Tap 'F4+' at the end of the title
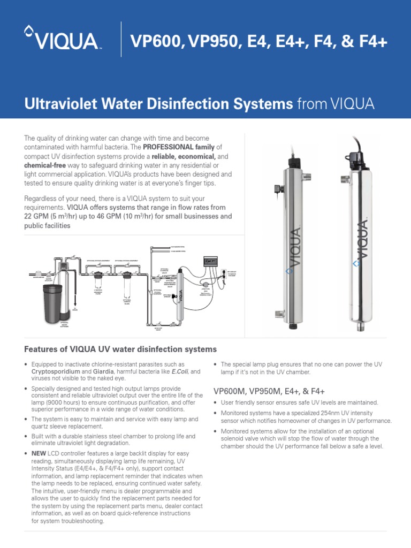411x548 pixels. tap(374, 40)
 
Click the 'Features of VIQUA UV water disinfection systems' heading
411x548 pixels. tap(120, 349)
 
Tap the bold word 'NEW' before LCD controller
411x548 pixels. tap(40, 453)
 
